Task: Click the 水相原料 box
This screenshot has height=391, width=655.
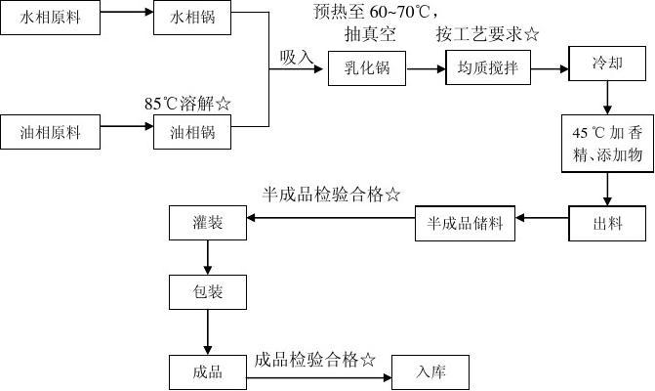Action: click(51, 19)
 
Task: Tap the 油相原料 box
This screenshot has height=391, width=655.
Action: click(51, 132)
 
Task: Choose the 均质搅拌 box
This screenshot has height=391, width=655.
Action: click(486, 70)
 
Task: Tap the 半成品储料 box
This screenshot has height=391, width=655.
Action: click(465, 224)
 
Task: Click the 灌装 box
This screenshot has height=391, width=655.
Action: click(208, 224)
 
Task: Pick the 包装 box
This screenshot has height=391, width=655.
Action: click(208, 291)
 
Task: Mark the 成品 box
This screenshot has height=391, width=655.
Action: click(208, 371)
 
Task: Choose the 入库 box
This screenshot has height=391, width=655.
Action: click(430, 371)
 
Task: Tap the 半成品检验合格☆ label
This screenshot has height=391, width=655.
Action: click(331, 195)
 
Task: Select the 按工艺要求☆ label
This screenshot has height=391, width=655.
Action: click(487, 35)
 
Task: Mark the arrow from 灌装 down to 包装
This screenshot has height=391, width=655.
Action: click(208, 257)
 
